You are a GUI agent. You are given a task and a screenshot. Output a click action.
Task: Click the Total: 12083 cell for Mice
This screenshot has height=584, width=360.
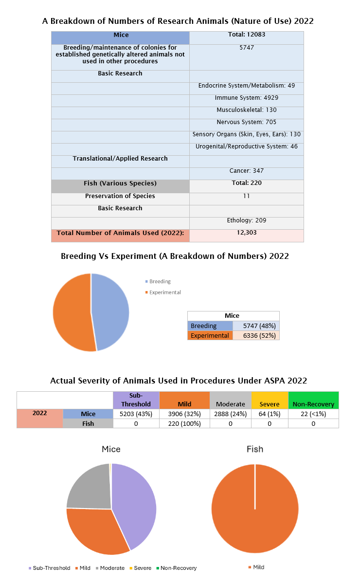246,35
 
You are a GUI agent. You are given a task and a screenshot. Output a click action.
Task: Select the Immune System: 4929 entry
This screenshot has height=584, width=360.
246,98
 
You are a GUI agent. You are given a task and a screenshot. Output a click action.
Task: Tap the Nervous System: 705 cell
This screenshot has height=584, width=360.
246,122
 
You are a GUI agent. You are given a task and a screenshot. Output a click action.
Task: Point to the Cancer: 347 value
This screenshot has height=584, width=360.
246,171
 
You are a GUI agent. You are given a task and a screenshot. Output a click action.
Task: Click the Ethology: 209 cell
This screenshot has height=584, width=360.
246,220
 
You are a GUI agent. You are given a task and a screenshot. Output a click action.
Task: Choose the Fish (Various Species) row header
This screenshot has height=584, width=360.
120,183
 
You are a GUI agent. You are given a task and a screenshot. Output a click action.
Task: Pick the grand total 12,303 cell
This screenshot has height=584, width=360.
246,233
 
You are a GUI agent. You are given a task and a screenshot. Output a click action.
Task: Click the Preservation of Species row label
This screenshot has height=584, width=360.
120,196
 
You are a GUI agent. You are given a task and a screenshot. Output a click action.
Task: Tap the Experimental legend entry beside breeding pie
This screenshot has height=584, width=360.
164,292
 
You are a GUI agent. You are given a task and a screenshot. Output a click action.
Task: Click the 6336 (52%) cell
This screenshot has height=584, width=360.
256,336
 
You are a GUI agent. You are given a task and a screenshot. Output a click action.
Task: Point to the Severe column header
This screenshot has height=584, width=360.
269,404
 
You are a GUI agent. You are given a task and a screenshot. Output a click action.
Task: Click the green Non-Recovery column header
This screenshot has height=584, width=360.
313,404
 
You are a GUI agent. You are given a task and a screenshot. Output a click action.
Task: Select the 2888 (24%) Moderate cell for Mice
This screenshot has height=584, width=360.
230,414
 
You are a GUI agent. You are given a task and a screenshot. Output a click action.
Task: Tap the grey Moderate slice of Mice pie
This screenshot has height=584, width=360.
88,487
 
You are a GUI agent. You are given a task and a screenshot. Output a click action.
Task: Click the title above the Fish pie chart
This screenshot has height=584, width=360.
254,449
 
